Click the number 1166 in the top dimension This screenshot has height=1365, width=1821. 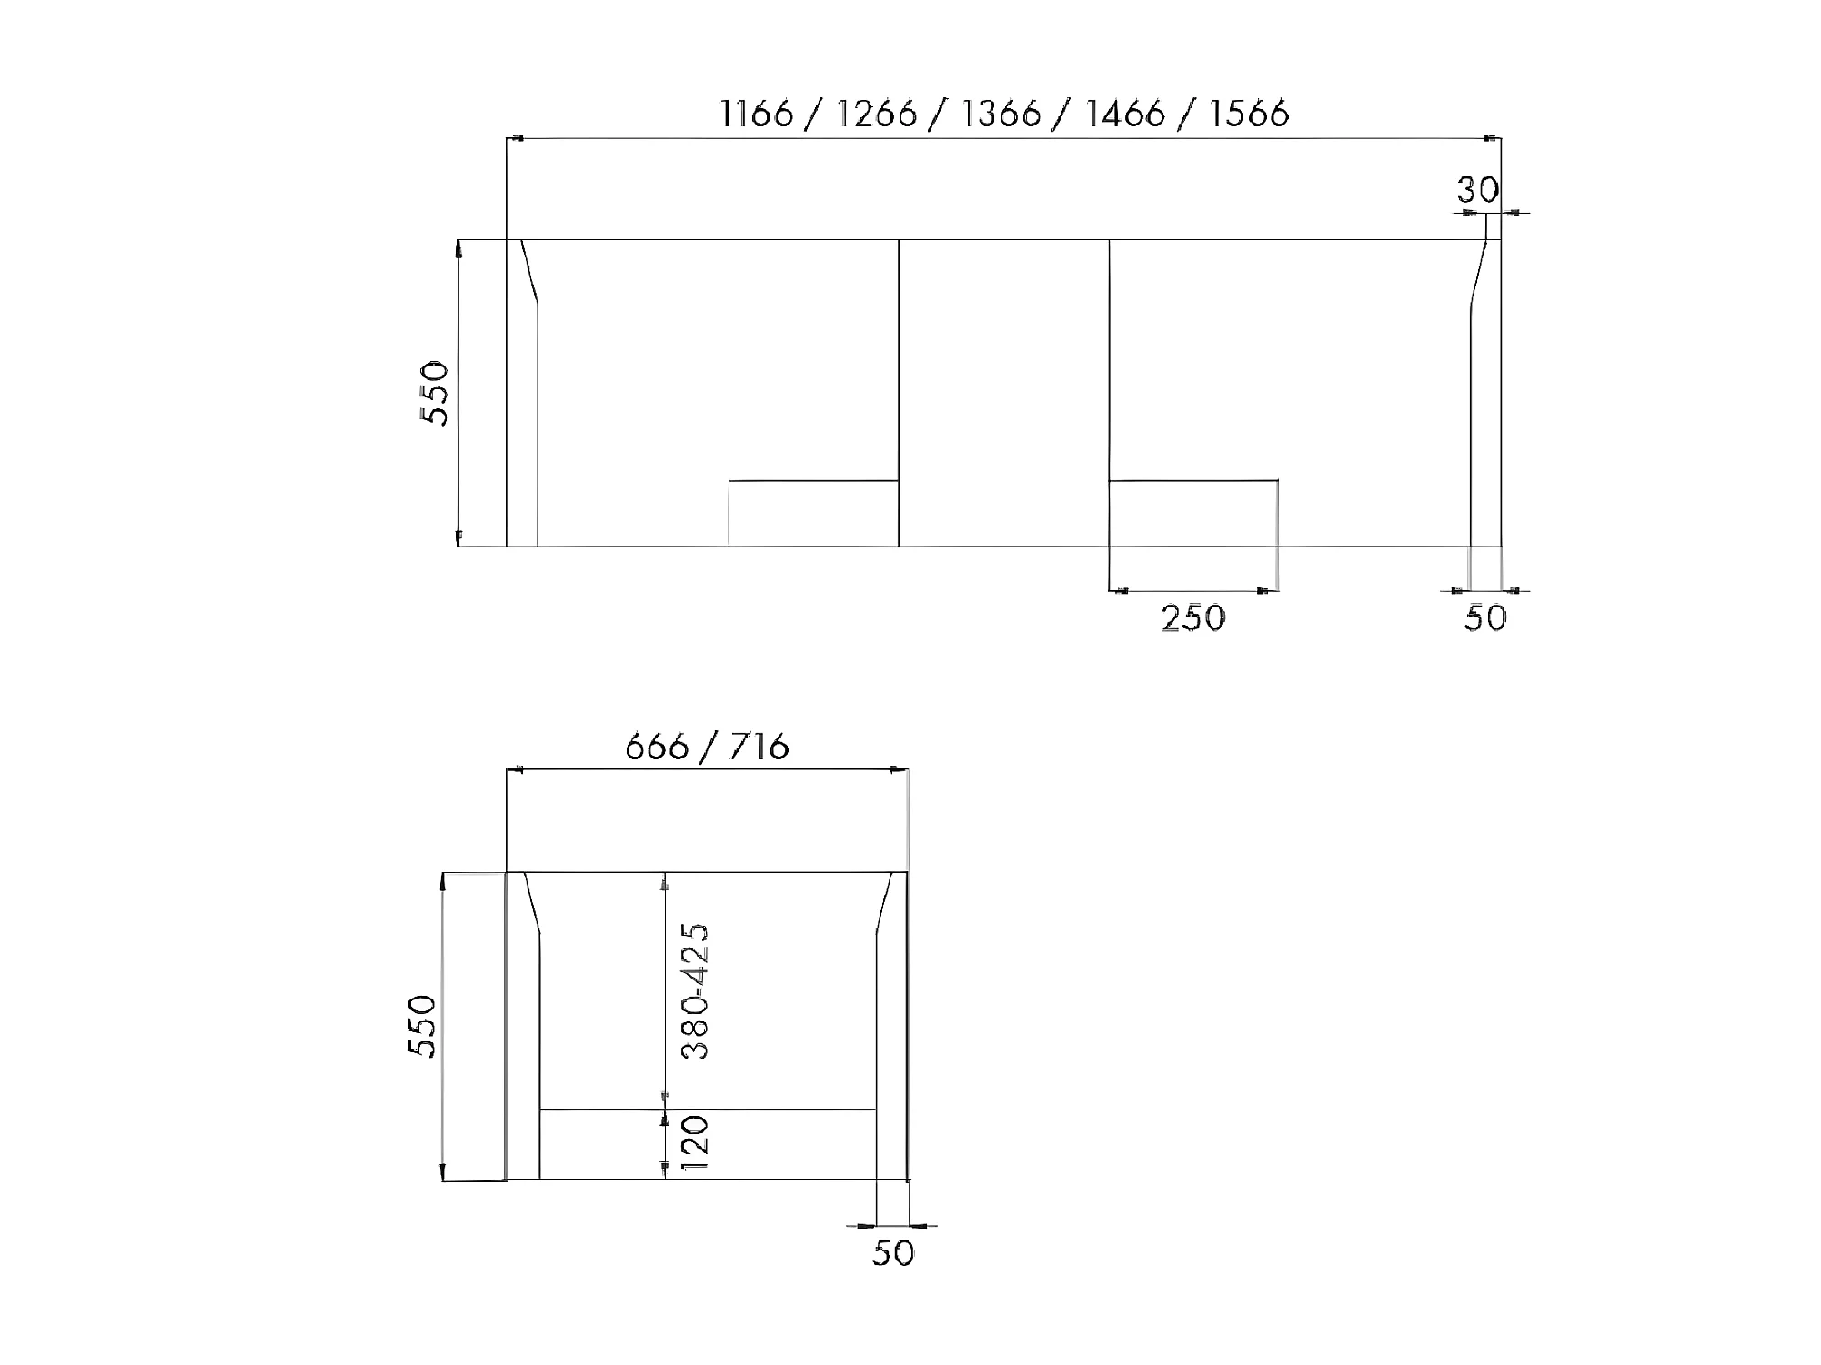click(x=757, y=115)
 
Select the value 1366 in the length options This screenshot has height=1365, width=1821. click(x=1001, y=115)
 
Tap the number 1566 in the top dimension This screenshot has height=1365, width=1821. click(x=1250, y=115)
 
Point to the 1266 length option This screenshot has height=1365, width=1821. click(x=877, y=115)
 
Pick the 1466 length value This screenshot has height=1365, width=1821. click(x=1126, y=115)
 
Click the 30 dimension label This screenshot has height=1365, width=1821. click(x=1478, y=190)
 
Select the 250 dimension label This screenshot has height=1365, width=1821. click(x=1193, y=618)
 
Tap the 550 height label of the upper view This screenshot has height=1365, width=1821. click(x=435, y=393)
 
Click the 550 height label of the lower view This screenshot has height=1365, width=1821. click(x=422, y=1026)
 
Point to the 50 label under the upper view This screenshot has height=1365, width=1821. click(x=1486, y=618)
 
